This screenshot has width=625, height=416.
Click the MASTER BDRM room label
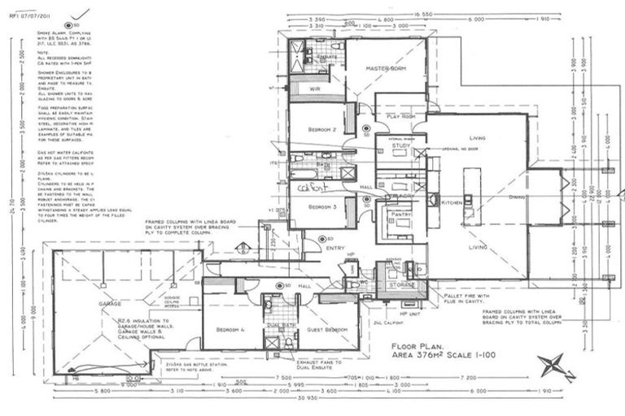pyautogui.click(x=385, y=68)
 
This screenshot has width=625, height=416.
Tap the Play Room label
pyautogui.click(x=400, y=117)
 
